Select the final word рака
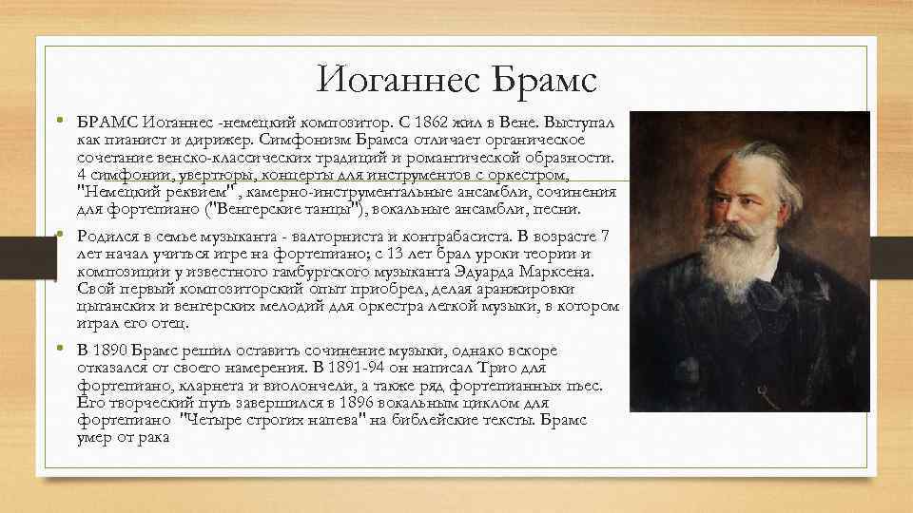[148, 437]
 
